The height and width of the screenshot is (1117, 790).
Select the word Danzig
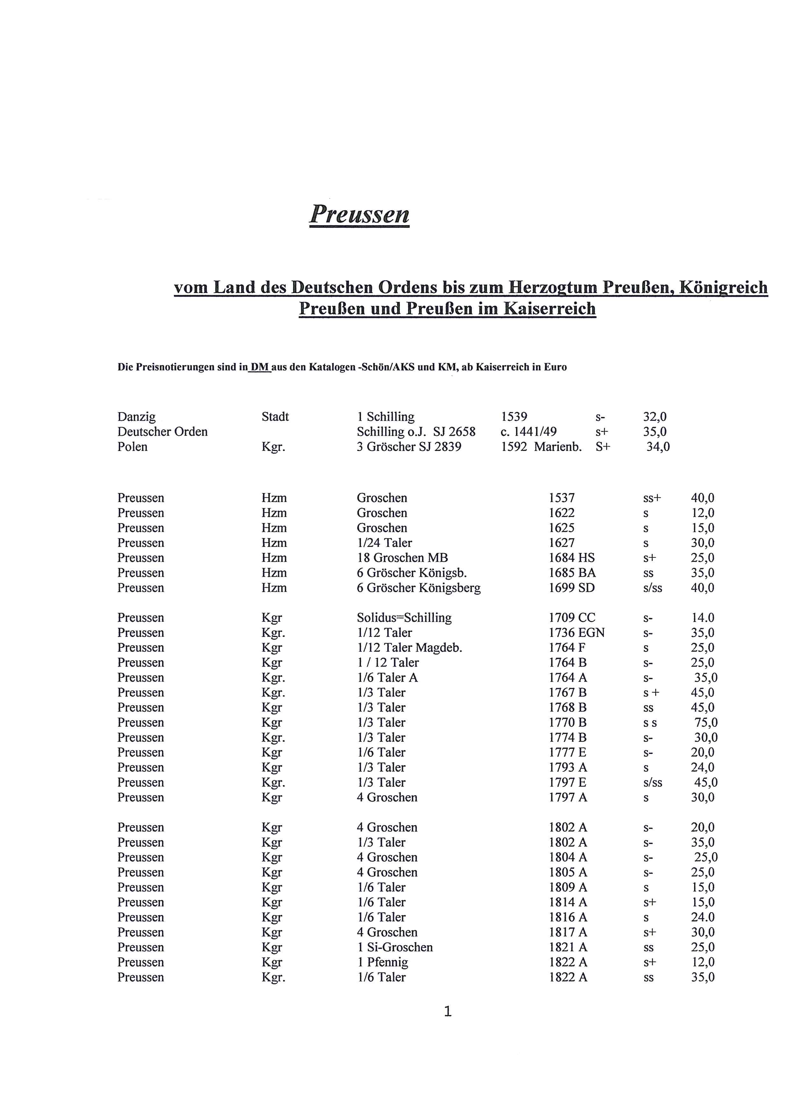[x=137, y=417]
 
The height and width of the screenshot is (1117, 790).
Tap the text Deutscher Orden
[x=162, y=432]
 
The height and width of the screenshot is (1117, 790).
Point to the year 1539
[x=514, y=417]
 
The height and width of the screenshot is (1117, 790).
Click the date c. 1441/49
[x=529, y=432]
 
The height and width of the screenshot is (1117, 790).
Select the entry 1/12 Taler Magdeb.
[x=410, y=648]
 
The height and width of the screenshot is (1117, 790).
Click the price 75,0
[x=706, y=723]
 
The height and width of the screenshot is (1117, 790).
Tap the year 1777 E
[x=568, y=753]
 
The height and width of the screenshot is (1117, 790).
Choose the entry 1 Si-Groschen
[x=395, y=947]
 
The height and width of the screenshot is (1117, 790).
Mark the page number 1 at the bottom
[x=448, y=1012]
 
